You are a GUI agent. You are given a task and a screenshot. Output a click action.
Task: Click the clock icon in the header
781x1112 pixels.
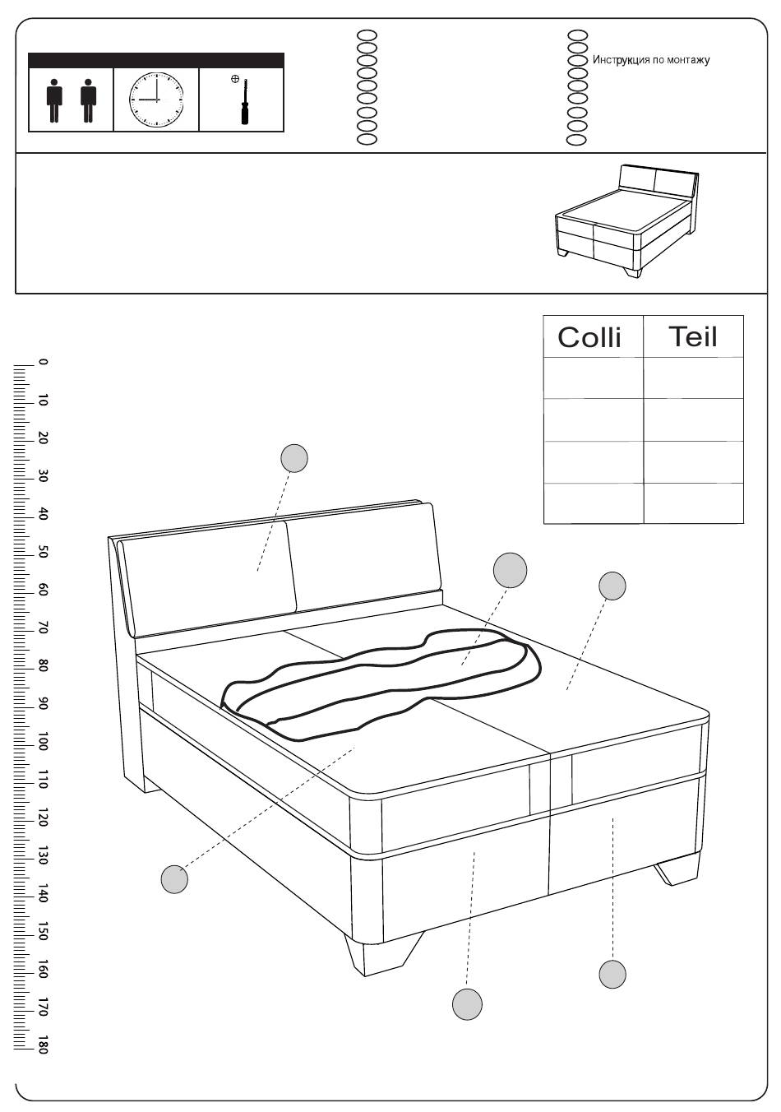[156, 100]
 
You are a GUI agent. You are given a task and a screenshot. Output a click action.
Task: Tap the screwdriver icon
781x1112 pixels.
[244, 101]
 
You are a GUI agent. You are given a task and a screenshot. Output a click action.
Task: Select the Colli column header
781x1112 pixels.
[589, 337]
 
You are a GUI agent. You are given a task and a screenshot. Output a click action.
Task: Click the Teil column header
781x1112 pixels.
[693, 336]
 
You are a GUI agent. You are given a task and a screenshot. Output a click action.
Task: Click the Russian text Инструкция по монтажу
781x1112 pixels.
[651, 60]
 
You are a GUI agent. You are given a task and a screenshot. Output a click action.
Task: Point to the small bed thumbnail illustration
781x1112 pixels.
[626, 221]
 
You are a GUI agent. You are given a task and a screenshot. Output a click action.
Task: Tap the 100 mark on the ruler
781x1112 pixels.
[43, 741]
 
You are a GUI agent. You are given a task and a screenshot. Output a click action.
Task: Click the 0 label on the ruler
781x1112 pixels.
[43, 363]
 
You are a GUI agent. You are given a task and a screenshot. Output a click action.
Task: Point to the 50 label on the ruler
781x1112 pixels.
[43, 552]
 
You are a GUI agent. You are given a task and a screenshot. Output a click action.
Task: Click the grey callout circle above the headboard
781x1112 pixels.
[294, 457]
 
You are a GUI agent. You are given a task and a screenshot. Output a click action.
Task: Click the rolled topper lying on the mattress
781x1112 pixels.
[381, 684]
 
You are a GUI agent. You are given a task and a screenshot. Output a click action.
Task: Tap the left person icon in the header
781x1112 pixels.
[54, 100]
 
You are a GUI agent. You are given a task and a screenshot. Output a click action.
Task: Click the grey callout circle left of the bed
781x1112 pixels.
[174, 879]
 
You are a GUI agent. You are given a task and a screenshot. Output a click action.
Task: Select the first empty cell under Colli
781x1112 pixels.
[594, 378]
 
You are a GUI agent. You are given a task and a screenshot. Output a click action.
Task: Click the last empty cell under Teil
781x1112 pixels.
[693, 503]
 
